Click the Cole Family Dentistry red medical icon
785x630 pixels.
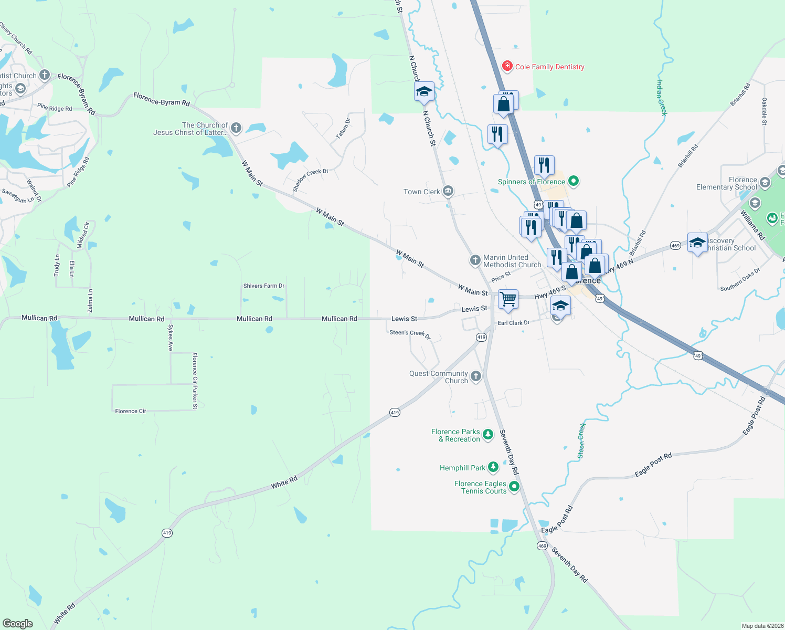click(x=507, y=66)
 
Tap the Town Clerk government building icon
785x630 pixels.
click(x=448, y=191)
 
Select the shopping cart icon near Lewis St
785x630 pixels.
click(x=508, y=299)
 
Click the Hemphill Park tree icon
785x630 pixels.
click(x=493, y=467)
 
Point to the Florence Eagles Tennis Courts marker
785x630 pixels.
click(x=514, y=487)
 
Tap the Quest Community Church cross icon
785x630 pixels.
click(x=475, y=376)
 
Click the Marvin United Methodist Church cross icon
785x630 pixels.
click(x=475, y=260)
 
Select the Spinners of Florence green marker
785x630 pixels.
click(x=574, y=182)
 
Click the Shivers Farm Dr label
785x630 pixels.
click(x=264, y=286)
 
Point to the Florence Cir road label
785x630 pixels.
click(x=131, y=411)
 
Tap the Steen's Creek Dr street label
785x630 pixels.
click(x=410, y=334)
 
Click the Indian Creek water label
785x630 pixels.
click(x=662, y=97)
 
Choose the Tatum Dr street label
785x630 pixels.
click(x=343, y=128)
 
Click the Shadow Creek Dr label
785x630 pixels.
click(x=310, y=180)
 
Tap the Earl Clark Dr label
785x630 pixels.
click(x=514, y=323)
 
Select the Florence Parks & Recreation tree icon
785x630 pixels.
click(x=488, y=434)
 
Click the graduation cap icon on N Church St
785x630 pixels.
click(x=424, y=92)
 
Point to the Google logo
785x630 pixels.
click(x=18, y=624)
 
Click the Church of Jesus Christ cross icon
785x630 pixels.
click(x=236, y=128)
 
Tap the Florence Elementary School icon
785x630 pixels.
click(x=765, y=183)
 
